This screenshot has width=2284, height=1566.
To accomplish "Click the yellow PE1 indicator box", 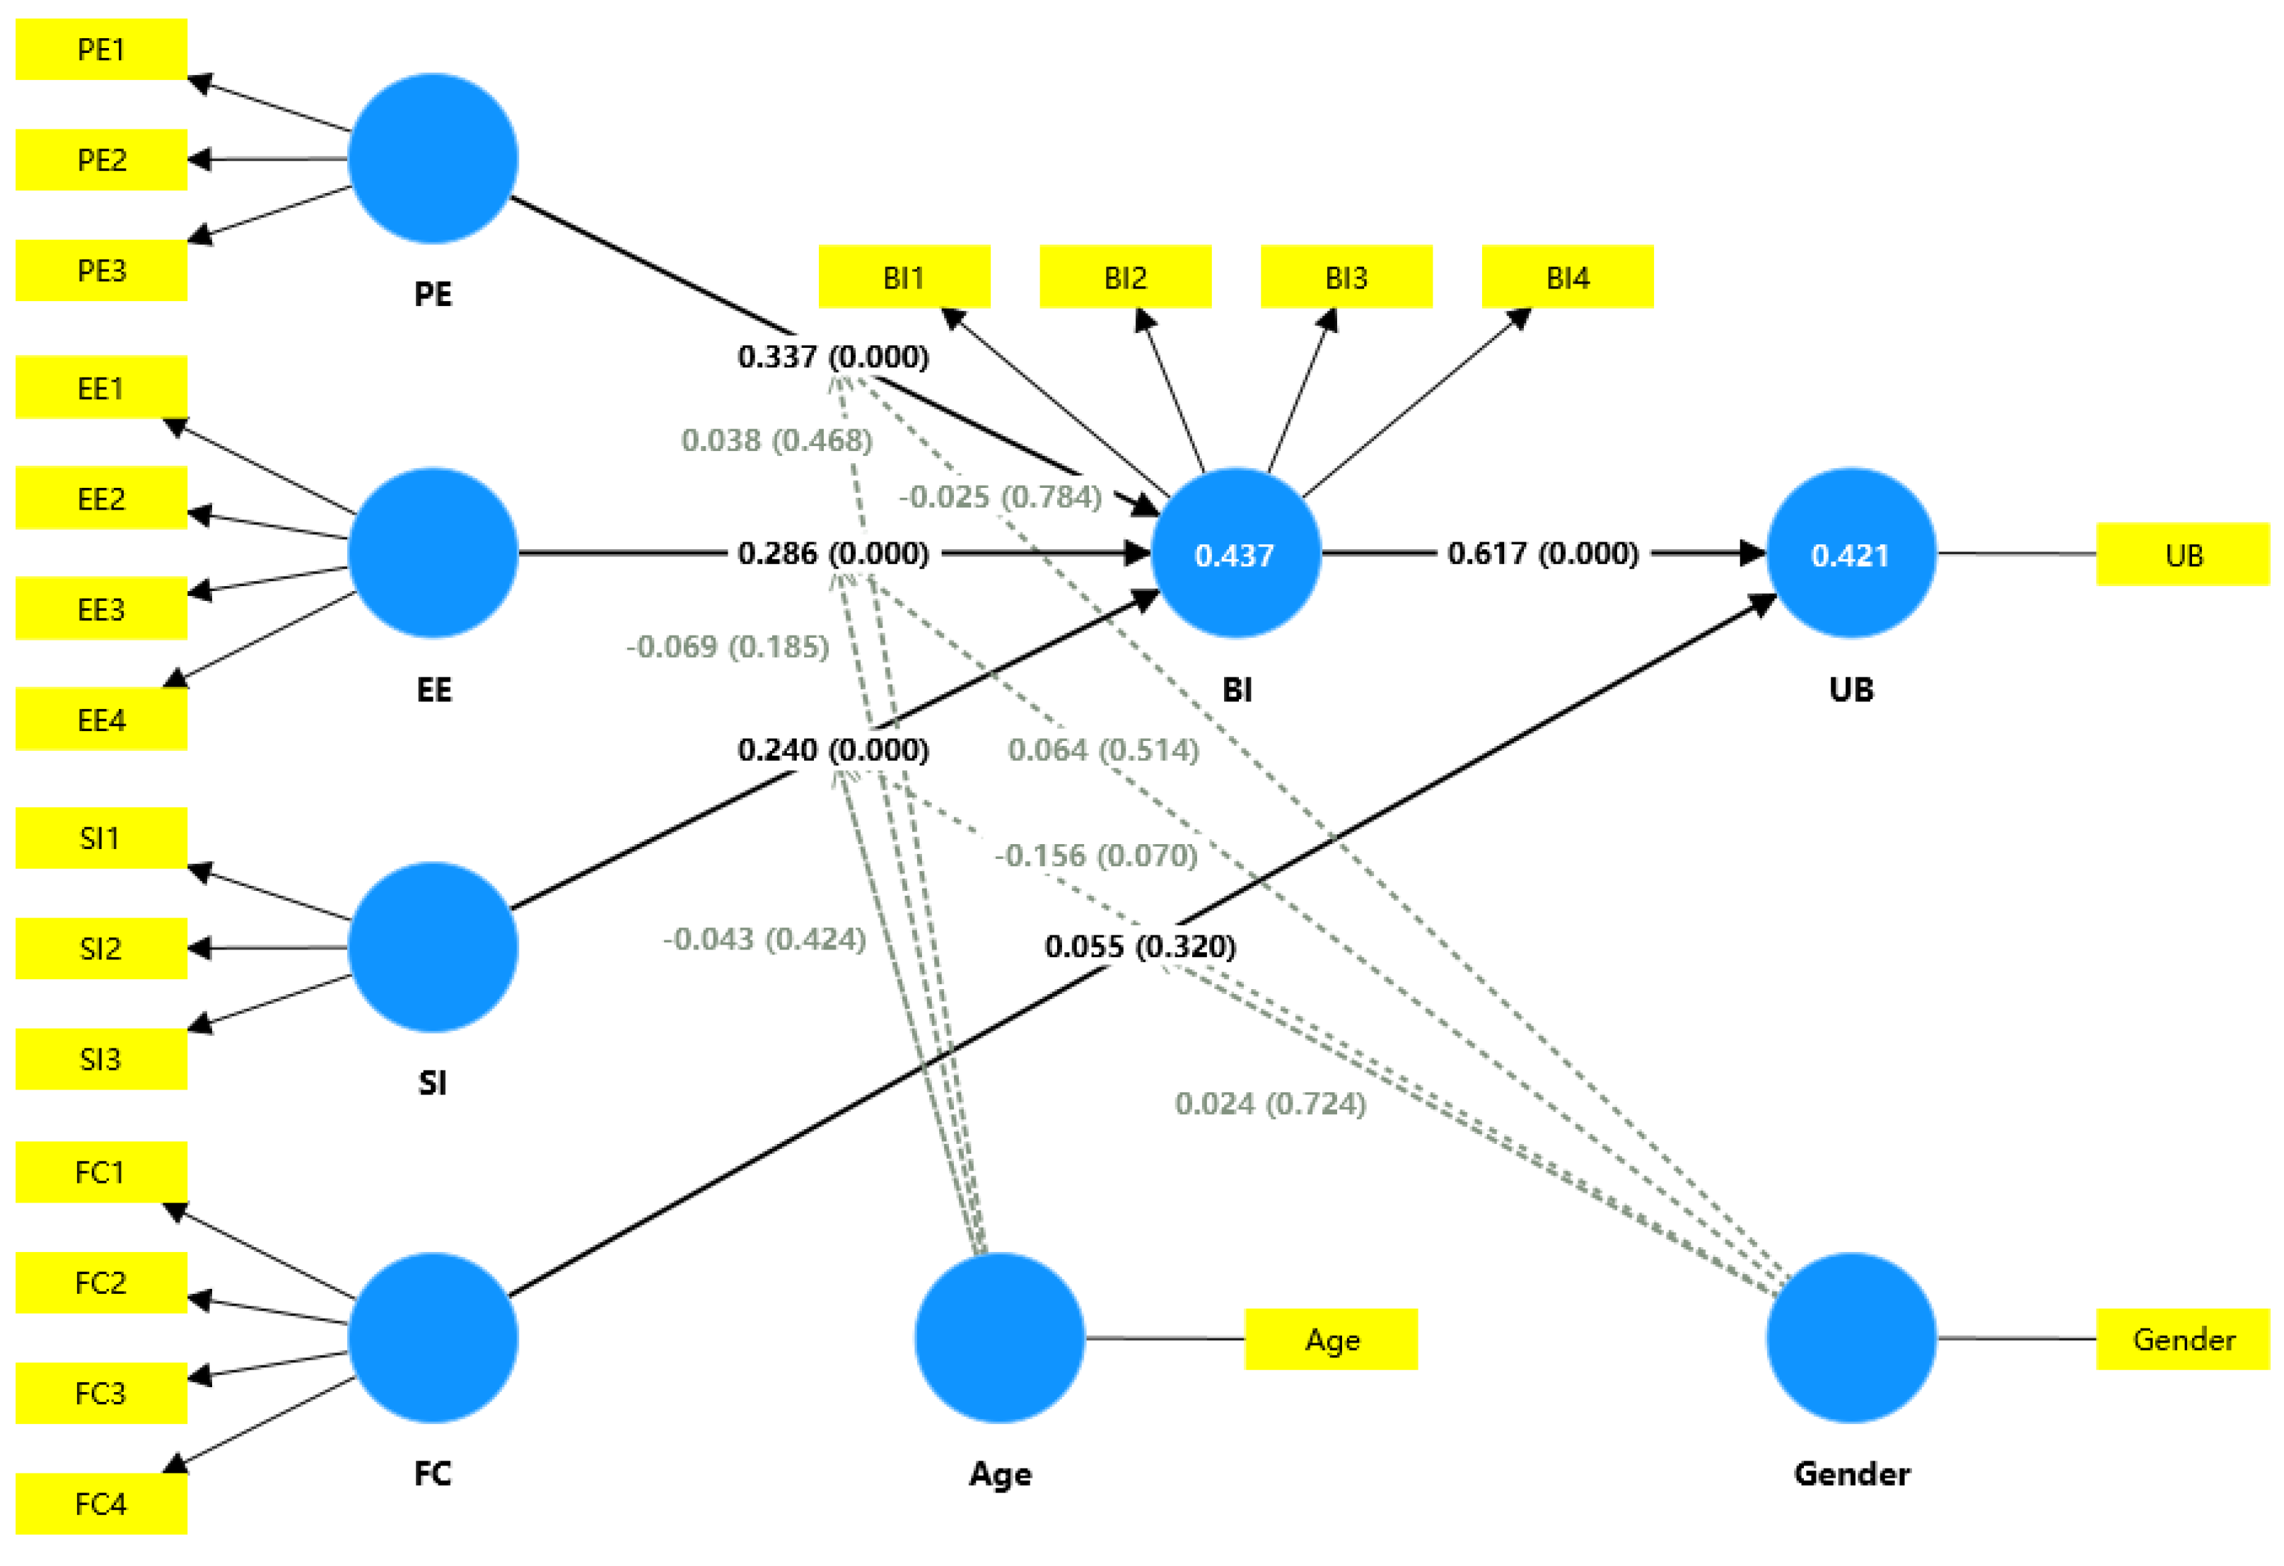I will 101,49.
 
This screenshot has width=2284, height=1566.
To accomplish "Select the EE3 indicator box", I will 101,609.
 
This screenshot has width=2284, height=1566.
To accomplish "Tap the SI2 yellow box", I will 101,948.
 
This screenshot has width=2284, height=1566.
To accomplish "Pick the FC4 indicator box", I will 101,1504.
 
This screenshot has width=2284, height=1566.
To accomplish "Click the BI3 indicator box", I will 1346,277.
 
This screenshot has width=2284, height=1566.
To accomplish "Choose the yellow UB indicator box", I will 2183,555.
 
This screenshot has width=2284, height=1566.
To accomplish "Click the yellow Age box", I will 1331,1339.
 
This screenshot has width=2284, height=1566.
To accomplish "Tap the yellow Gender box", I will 2183,1339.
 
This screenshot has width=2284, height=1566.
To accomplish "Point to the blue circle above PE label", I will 433,158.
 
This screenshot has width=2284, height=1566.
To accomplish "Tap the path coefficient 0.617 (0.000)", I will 1542,553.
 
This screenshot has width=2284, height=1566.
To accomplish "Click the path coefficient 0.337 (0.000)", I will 832,356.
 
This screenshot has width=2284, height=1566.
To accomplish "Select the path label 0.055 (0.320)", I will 1140,946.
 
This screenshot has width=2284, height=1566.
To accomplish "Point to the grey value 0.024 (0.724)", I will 1270,1104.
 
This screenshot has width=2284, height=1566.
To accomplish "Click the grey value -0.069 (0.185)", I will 727,646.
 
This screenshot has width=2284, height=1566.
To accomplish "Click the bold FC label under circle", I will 433,1473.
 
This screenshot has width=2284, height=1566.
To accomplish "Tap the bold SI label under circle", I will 433,1082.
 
